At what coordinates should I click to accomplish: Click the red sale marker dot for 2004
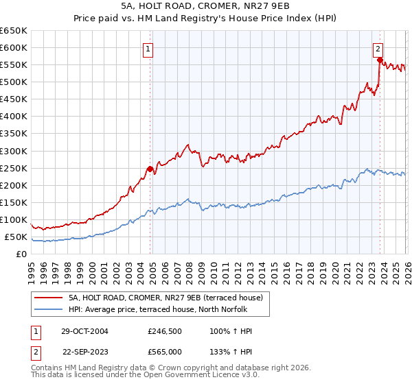pos(150,169)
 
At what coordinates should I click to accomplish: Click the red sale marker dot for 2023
pos(379,60)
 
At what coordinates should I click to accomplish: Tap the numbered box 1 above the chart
pos(148,48)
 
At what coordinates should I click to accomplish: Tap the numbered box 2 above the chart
pos(378,48)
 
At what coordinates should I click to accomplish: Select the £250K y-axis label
pos(14,168)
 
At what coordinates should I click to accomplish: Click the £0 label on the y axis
pos(21,254)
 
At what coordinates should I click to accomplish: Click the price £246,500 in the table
pos(165,331)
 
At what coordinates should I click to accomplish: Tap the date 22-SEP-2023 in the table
pos(85,351)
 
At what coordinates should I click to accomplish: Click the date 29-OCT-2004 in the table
pos(85,331)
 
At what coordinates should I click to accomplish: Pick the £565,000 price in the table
pos(165,351)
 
